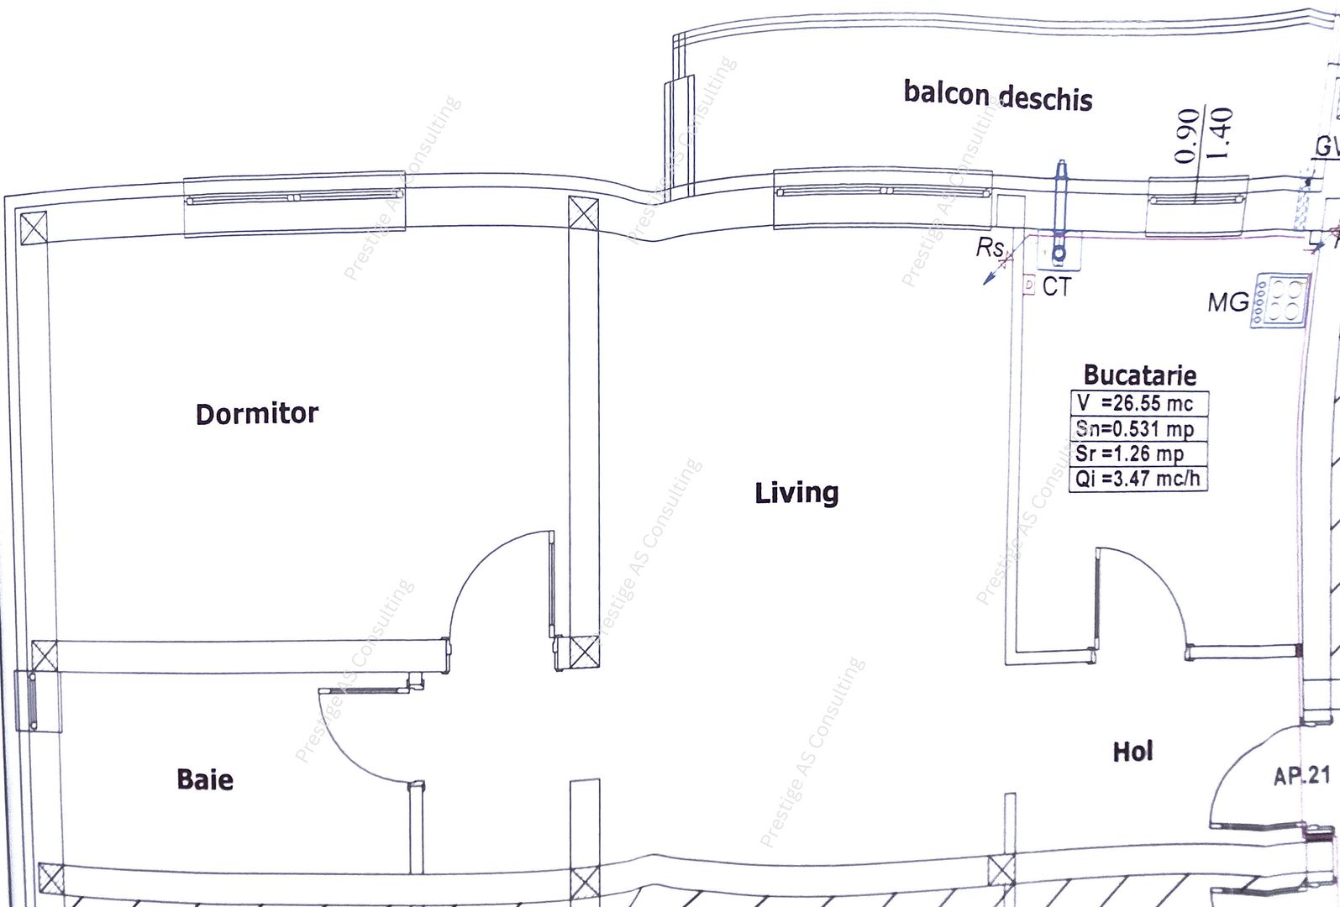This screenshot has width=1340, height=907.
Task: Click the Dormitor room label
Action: coord(257,413)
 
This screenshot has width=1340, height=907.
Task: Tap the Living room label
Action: coord(796,492)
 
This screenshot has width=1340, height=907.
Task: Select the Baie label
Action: coord(205,779)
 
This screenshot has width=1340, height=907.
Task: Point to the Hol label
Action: coord(1132,751)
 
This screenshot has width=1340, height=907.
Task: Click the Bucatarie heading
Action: coord(1139,375)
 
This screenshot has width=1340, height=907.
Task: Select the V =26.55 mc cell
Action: coord(1139,403)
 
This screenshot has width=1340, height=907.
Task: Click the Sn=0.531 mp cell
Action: coord(1139,429)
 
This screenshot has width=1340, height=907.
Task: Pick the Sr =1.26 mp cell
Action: coord(1139,453)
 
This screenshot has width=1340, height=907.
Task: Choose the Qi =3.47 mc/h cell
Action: coord(1139,480)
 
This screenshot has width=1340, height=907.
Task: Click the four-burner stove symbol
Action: coord(1280,301)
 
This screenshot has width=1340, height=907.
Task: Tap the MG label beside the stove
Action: coord(1227,302)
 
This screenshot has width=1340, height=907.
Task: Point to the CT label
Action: coord(1057,287)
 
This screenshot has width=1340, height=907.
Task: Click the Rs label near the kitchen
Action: coord(990,249)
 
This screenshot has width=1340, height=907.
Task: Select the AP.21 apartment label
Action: coord(1301,775)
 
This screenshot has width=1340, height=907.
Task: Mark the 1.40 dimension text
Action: coord(1222,134)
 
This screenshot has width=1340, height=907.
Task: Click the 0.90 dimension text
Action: coord(1186,135)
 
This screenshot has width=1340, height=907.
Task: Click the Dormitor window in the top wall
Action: coord(294,198)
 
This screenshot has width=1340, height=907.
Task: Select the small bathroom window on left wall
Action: coord(32,700)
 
